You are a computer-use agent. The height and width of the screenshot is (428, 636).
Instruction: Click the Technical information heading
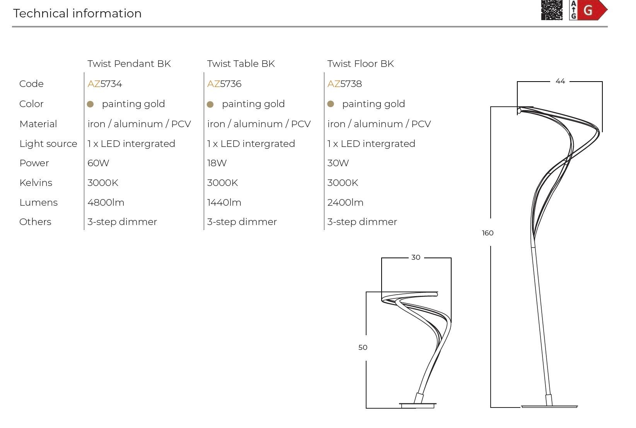(77, 14)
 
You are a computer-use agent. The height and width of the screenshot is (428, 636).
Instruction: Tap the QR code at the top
(552, 10)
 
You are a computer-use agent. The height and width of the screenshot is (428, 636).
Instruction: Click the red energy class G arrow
(592, 10)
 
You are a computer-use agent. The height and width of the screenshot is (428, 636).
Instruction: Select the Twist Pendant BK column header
(129, 64)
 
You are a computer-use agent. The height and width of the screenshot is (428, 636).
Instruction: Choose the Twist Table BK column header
(241, 64)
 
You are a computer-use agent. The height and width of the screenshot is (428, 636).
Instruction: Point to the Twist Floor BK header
(360, 64)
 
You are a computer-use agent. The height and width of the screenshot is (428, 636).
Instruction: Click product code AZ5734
(105, 84)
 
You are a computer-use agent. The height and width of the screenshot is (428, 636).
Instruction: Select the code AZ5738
(344, 84)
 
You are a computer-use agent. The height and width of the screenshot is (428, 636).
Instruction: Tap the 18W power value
(217, 163)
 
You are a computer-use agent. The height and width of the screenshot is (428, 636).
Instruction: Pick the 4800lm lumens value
(106, 203)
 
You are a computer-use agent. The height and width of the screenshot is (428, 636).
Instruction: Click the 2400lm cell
(345, 203)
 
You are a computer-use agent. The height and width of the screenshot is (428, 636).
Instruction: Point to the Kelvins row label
(36, 182)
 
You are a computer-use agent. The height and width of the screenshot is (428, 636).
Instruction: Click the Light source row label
(48, 144)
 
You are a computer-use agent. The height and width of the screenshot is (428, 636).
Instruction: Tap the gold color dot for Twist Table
(210, 104)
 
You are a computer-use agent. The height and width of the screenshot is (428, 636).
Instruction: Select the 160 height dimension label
(488, 233)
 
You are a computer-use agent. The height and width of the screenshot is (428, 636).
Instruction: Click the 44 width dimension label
(560, 81)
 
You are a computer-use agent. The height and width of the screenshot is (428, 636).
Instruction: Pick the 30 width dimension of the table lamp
(416, 257)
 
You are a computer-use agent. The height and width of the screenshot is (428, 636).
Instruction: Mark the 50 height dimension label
(363, 347)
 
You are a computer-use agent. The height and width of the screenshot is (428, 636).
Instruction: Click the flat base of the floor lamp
(549, 407)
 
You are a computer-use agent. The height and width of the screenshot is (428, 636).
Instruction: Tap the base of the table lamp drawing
(418, 405)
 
